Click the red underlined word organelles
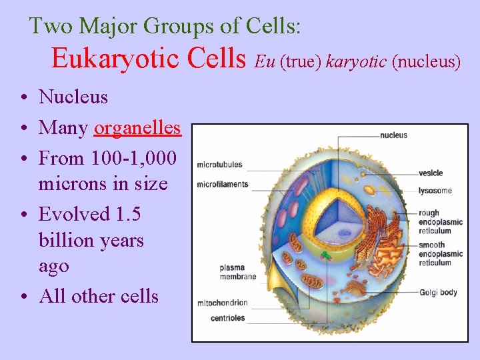coord(137,127)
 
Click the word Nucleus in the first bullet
coord(73,97)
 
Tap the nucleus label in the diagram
coord(393,135)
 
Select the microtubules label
coord(219,165)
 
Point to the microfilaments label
coord(222,184)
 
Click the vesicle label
coord(431,173)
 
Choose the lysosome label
coord(435,191)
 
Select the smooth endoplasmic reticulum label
coord(440,254)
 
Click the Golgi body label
coord(438,292)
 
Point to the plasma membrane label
coord(237,272)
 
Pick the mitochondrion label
coord(222,303)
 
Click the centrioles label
coord(227,318)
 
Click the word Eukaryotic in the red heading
coord(115,59)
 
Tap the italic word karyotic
coord(357,62)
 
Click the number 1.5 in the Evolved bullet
coord(128,214)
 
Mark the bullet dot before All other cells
coord(23,297)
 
